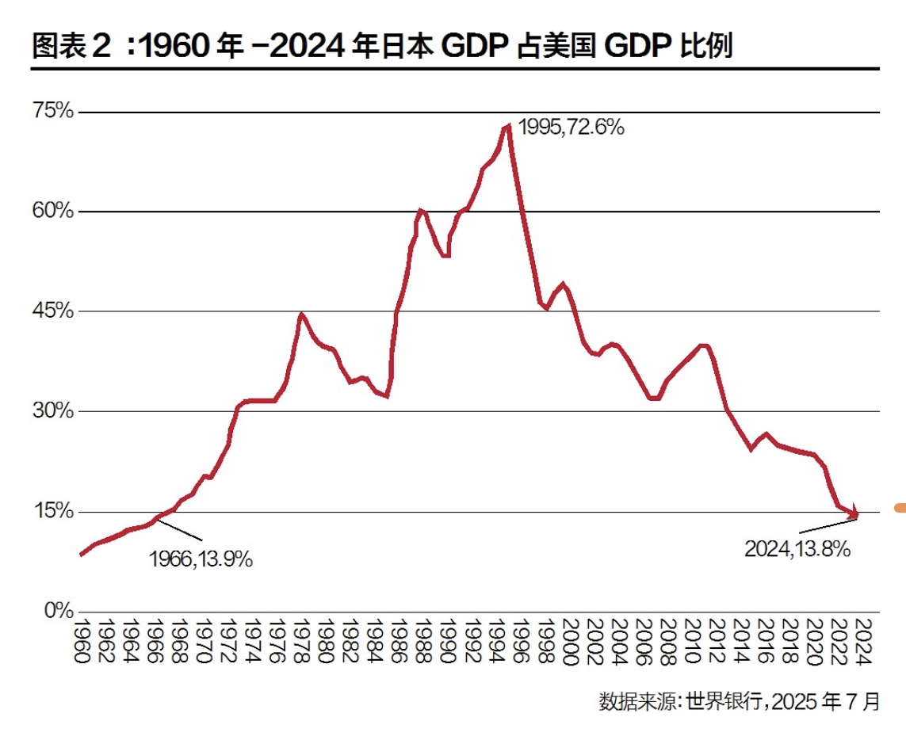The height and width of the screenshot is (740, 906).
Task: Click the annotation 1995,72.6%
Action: pos(571,127)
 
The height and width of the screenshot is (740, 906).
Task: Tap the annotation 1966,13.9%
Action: pos(201,559)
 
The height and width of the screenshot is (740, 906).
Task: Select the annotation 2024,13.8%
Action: pos(797,548)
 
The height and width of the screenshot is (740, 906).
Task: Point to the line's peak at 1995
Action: pos(508,127)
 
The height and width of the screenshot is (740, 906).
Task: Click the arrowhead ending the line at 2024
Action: pos(854,513)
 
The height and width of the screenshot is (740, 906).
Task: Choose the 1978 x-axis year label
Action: pos(300,642)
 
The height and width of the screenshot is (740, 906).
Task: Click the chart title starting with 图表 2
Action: pos(381,47)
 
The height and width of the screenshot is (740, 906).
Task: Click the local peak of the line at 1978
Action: pos(301,315)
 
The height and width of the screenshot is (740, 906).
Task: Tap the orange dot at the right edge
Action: pos(900,507)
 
